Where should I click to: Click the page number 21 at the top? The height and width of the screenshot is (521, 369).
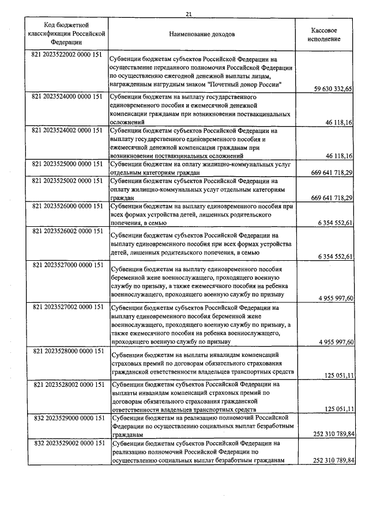click(x=189, y=14)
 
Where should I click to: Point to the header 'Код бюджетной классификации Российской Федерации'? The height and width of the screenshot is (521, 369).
click(x=66, y=34)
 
